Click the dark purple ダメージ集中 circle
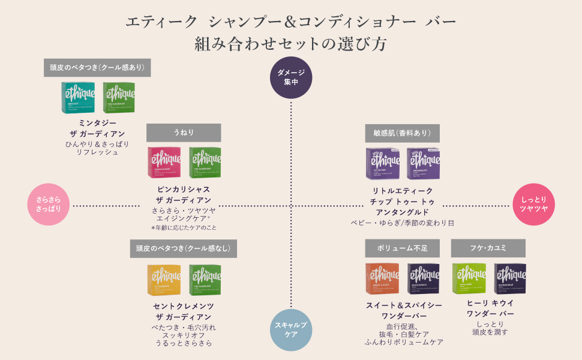point(291,77)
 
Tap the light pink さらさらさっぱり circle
point(49,204)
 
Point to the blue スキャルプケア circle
point(291,329)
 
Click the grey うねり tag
point(184,132)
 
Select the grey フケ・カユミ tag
point(488,248)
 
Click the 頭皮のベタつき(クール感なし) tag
point(183,248)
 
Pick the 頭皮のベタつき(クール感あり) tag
point(97,68)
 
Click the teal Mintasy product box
point(80,98)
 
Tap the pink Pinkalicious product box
point(164,163)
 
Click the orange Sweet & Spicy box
point(382,278)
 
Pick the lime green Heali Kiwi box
point(469,278)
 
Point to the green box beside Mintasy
point(119,98)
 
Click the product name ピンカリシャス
point(184,190)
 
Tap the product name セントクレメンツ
point(184,306)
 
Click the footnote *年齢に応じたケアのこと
point(184,228)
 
